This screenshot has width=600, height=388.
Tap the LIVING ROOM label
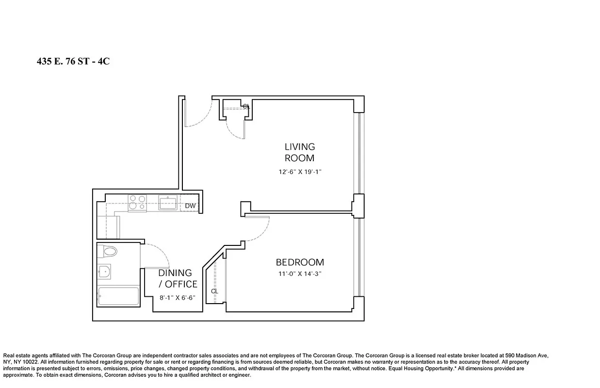(299, 152)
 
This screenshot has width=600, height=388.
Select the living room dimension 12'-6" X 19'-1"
(299, 172)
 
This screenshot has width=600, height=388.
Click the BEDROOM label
(300, 262)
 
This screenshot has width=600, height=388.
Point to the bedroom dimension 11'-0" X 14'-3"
(299, 274)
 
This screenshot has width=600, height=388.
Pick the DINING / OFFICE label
(178, 278)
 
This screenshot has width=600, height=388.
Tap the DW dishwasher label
(191, 206)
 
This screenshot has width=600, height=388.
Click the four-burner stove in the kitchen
(137, 202)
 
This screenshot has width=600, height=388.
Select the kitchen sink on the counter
(167, 202)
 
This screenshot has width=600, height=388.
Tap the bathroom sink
(103, 272)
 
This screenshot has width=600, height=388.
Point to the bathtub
(118, 296)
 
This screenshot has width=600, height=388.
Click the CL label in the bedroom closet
(214, 291)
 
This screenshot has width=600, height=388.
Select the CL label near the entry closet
(246, 106)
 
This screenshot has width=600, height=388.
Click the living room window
(359, 153)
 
